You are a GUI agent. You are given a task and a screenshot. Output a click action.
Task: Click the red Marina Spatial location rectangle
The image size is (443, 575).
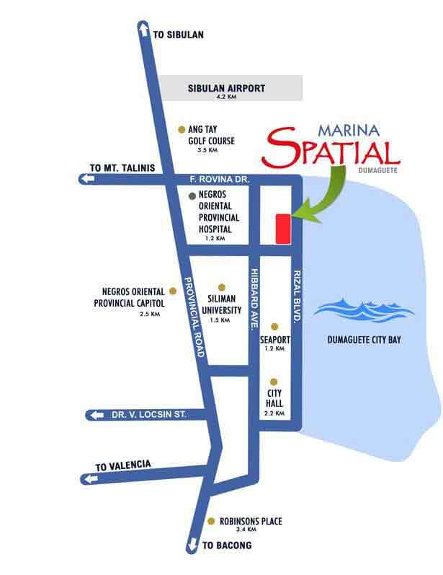click(x=282, y=229)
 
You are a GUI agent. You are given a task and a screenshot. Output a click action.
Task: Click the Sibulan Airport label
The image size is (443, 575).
click(x=226, y=89)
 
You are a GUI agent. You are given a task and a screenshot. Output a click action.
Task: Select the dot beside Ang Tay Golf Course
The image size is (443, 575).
click(x=182, y=130)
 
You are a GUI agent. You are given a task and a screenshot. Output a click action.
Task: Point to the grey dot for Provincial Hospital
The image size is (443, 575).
click(x=192, y=196)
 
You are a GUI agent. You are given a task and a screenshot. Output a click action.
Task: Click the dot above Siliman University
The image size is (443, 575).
click(x=221, y=287)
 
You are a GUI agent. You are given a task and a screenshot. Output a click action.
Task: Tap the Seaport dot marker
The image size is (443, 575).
click(x=274, y=326)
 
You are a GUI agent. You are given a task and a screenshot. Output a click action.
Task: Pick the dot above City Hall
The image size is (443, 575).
click(x=274, y=382)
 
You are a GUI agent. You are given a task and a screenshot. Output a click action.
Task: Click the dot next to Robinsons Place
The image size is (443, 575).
click(x=210, y=520)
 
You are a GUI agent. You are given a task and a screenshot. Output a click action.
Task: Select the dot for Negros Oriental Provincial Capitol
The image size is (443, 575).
click(x=172, y=291)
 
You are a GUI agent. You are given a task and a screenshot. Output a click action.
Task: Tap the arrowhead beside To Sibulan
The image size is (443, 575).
click(x=143, y=27)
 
